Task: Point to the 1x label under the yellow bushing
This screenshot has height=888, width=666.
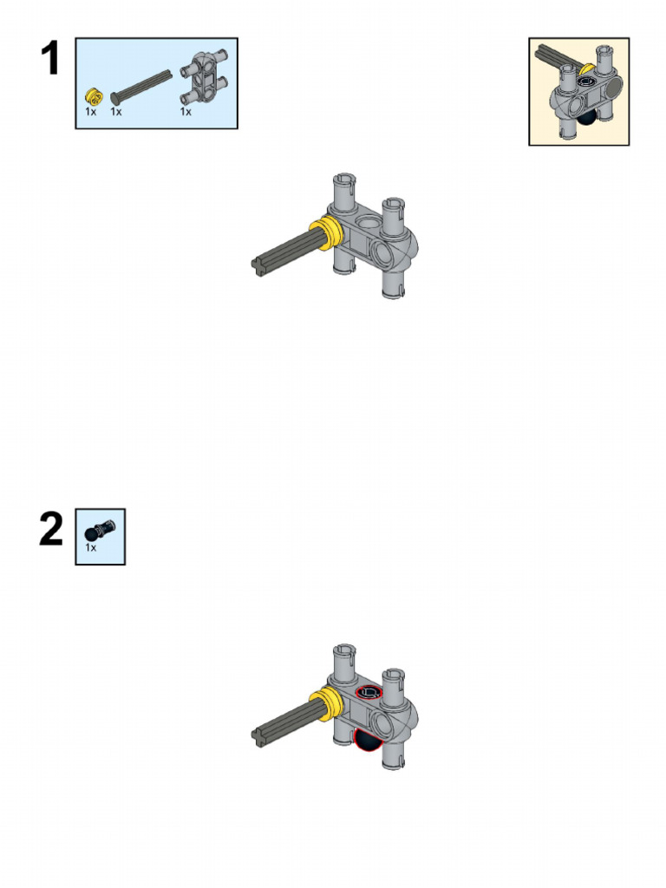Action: (x=91, y=112)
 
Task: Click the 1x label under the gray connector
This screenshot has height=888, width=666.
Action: (x=186, y=112)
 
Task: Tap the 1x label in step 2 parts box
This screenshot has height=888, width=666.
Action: (x=91, y=548)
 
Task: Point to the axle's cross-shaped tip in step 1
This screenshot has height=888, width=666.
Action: (x=259, y=266)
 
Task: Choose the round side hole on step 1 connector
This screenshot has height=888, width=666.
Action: (x=382, y=254)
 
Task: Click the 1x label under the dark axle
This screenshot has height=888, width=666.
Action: (x=116, y=112)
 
